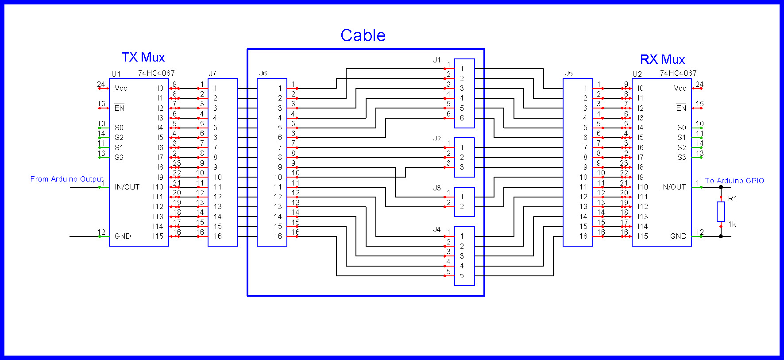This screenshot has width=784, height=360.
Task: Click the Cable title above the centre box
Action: (x=363, y=35)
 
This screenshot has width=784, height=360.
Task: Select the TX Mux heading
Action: (x=143, y=57)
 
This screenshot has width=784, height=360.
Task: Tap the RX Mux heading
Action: (x=662, y=59)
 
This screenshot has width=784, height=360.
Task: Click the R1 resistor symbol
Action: (x=721, y=212)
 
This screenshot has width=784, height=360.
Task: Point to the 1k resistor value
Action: (x=732, y=225)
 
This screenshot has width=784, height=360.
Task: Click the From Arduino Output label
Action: (x=67, y=179)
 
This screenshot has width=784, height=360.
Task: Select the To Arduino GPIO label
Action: (x=734, y=181)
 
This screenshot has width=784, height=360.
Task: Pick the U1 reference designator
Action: (x=116, y=74)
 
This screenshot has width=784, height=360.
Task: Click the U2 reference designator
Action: (x=637, y=74)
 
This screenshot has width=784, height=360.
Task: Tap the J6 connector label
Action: (x=263, y=74)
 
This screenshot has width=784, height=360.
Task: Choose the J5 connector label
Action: (x=569, y=74)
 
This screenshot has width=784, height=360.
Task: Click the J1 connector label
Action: (x=437, y=60)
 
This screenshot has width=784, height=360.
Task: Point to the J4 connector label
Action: (x=437, y=229)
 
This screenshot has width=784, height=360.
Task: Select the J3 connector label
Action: (x=437, y=188)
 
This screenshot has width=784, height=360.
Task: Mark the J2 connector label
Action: (x=437, y=139)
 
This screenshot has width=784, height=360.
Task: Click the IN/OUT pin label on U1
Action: (x=127, y=187)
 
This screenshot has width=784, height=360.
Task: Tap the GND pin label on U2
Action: (x=678, y=236)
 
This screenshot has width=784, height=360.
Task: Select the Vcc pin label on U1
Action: (x=121, y=88)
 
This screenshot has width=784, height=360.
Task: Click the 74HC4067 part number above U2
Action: (x=678, y=73)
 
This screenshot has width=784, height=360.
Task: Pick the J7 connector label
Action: (x=212, y=74)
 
